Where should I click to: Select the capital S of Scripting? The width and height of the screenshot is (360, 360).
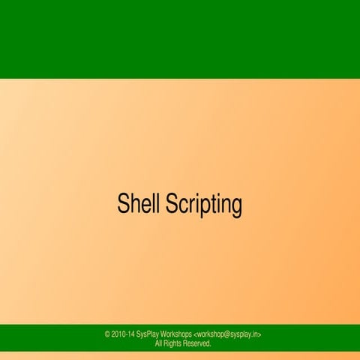pyautogui.click(x=172, y=203)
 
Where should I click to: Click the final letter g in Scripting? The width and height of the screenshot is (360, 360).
pyautogui.click(x=236, y=206)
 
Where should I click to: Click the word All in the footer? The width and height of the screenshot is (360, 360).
pyautogui.click(x=158, y=343)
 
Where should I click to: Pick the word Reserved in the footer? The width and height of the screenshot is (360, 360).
pyautogui.click(x=199, y=343)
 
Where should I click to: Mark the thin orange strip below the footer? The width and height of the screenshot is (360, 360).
pyautogui.click(x=180, y=355)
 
